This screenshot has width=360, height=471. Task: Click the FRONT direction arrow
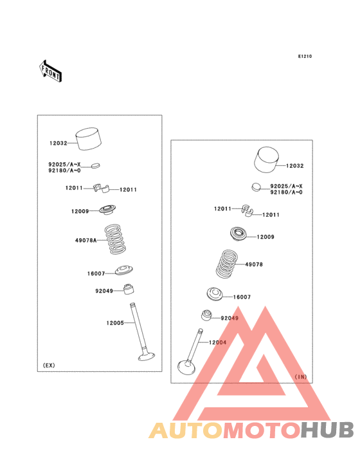pos(50,71)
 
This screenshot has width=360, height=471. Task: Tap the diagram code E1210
pos(305,56)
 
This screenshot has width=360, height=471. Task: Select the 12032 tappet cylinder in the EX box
pos(88,139)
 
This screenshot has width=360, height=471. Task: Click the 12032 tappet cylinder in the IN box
pos(266,160)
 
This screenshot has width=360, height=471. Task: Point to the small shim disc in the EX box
pos(95,165)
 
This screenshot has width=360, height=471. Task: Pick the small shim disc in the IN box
pos(256,187)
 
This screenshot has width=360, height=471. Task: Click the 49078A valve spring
pos(115,239)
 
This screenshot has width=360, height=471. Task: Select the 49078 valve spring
pos(227,264)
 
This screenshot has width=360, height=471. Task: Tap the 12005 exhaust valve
pos(143,331)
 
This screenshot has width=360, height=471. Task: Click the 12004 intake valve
pos(190,352)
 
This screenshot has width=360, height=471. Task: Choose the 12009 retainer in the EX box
pos(107,210)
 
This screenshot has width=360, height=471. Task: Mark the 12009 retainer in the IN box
pos(239,234)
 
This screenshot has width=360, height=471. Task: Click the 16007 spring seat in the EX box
pos(124,270)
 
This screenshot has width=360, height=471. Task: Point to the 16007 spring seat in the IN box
pos(215,294)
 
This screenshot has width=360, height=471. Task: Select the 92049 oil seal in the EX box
pos(129,289)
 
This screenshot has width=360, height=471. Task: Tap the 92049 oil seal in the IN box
pos(206,315)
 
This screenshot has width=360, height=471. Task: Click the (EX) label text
pos(49,365)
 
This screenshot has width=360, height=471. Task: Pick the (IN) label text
pos(301,376)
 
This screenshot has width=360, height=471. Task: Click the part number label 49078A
pos(85,240)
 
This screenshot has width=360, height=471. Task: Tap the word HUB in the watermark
pos(327,430)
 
